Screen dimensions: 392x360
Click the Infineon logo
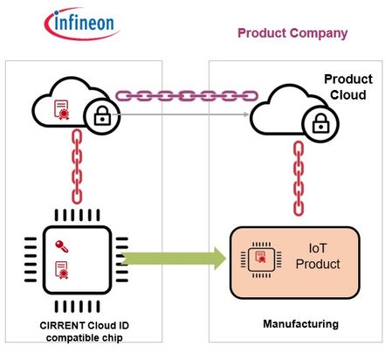click(x=82, y=24)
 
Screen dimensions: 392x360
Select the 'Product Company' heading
click(x=292, y=33)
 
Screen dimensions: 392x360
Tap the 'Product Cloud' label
click(x=348, y=87)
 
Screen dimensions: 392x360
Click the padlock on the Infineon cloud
click(x=102, y=115)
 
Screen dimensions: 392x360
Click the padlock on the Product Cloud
click(x=320, y=123)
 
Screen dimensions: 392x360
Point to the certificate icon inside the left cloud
click(x=62, y=110)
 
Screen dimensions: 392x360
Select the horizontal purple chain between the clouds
click(x=187, y=96)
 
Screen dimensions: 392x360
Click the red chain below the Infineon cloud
click(x=77, y=167)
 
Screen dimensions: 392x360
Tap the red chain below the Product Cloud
click(x=299, y=178)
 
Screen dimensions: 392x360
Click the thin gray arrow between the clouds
click(x=181, y=114)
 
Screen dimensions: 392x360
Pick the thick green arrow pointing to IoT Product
click(x=174, y=259)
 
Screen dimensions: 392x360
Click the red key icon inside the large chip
click(x=62, y=246)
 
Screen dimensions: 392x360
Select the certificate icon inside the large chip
click(x=62, y=270)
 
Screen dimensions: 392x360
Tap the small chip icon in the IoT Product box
click(x=261, y=260)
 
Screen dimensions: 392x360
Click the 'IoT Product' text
click(x=318, y=256)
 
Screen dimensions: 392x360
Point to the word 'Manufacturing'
click(x=300, y=324)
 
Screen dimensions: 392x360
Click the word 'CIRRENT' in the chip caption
click(x=62, y=325)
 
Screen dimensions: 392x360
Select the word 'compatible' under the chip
click(x=69, y=338)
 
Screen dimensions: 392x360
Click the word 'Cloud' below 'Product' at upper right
click(x=348, y=95)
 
